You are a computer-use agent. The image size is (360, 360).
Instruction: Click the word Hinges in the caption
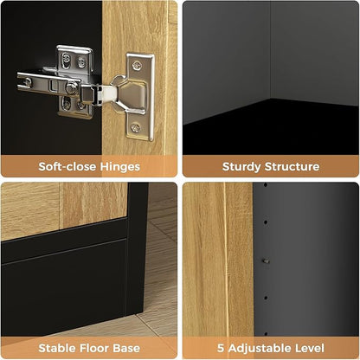click(120, 167)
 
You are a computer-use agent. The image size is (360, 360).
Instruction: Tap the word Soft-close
click(67, 166)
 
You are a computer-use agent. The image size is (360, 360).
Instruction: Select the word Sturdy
click(241, 167)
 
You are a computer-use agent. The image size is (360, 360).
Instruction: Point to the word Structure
click(292, 166)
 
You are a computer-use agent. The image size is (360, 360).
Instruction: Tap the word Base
click(126, 348)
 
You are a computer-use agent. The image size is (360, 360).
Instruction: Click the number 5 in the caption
click(221, 348)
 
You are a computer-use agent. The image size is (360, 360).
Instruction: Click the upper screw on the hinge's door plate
click(137, 66)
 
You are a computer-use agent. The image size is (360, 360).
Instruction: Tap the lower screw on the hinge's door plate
click(136, 127)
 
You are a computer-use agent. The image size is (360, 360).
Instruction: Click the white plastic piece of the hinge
click(109, 93)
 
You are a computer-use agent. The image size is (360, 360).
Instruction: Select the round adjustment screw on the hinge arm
click(71, 87)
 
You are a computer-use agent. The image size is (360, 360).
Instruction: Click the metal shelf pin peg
click(266, 261)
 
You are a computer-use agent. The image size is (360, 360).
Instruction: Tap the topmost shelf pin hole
click(266, 184)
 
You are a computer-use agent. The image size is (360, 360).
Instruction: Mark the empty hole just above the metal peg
click(266, 222)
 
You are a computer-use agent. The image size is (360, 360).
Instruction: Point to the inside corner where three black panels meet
click(271, 99)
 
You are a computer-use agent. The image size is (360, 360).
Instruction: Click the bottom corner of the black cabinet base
click(135, 315)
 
